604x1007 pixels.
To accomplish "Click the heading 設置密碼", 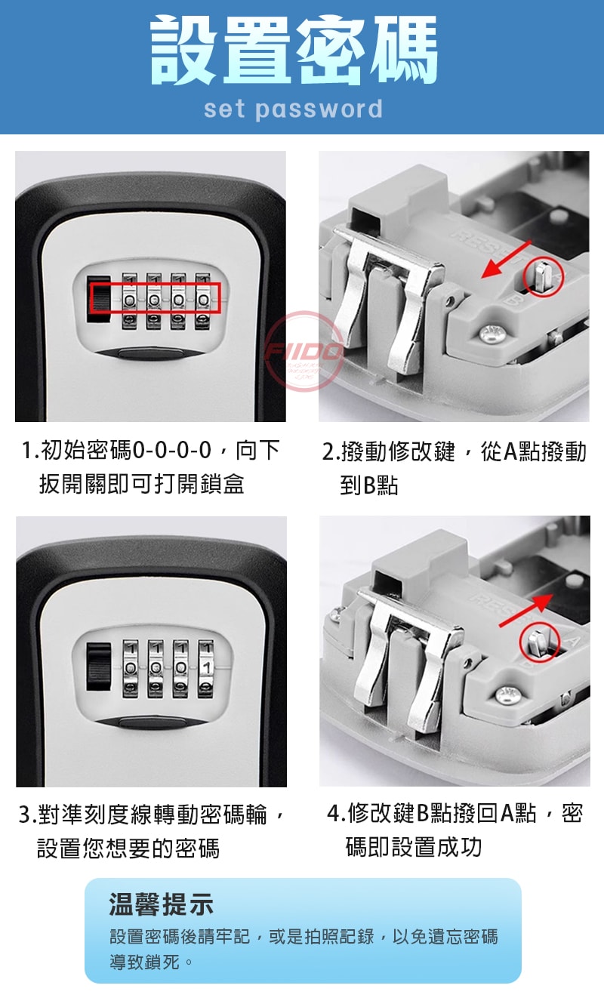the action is tap(294, 50).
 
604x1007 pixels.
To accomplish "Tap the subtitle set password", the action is tap(293, 109).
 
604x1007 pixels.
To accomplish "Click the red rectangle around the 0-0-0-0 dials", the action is tap(156, 298).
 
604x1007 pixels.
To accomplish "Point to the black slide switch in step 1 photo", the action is tap(99, 299).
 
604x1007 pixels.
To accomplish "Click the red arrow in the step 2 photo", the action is tap(507, 260).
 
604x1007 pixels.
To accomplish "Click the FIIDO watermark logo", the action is tap(304, 351).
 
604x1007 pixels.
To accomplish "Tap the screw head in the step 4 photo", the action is tap(508, 695).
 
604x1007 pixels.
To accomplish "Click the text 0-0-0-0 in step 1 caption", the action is tap(172, 450).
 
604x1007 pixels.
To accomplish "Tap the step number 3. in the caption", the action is tap(27, 815).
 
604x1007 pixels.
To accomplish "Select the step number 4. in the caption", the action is tap(337, 813).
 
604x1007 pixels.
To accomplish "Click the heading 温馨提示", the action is tap(161, 904).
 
